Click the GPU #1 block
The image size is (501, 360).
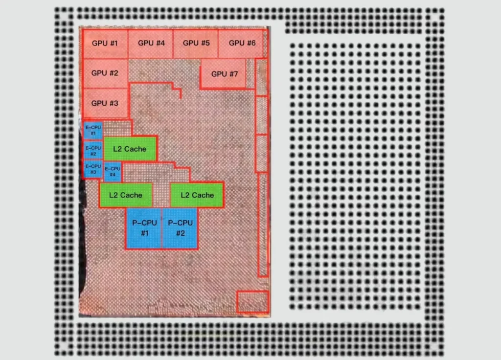tap(105, 44)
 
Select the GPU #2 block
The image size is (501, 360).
tap(105, 73)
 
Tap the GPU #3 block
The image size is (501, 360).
tap(105, 103)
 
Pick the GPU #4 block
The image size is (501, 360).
tap(151, 44)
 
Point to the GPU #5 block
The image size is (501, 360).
tap(196, 44)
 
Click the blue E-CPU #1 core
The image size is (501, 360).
tap(93, 130)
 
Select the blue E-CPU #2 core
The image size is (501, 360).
tap(93, 151)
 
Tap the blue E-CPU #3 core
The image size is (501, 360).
tap(93, 169)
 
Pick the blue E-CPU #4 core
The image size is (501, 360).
tap(113, 172)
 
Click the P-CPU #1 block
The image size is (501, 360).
tap(144, 228)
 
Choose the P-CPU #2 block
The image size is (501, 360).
tap(180, 228)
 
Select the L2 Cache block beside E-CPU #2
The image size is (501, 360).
tap(130, 149)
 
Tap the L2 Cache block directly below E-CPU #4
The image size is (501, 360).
tap(126, 195)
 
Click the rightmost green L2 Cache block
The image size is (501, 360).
tap(197, 195)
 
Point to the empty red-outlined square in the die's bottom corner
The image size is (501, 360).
tap(253, 301)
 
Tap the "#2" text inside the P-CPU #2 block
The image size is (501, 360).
tap(181, 233)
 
